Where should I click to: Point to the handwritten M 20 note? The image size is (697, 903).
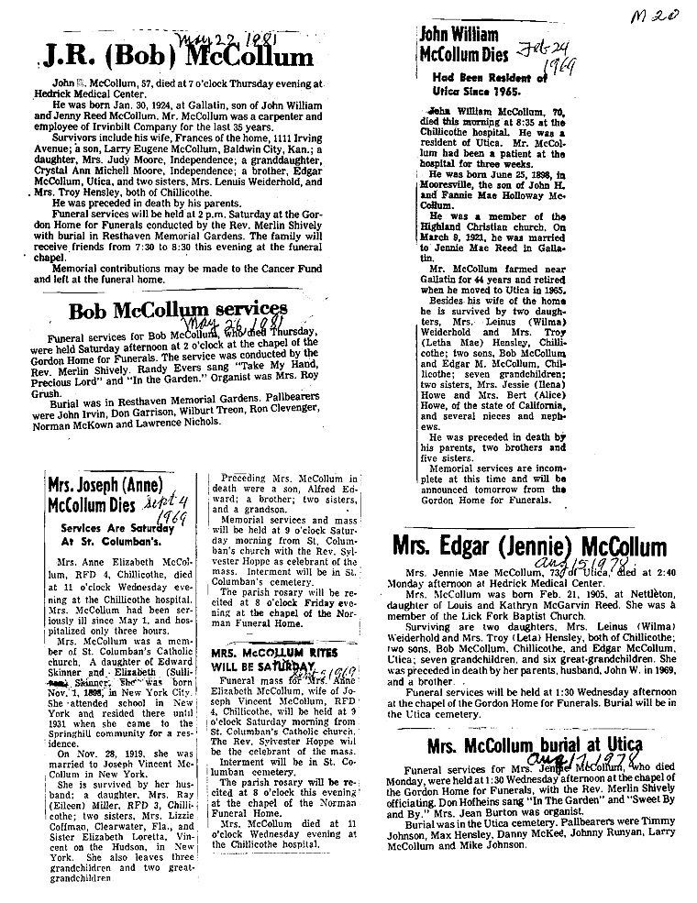tap(656, 16)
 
